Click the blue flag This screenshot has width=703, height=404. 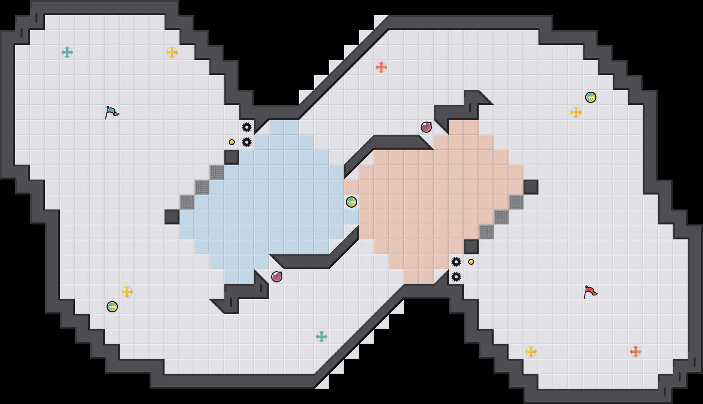pyautogui.click(x=111, y=112)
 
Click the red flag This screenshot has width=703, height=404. pyautogui.click(x=590, y=292)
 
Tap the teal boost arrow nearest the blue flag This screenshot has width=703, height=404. pyautogui.click(x=67, y=52)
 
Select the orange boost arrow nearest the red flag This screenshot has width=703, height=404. pyautogui.click(x=635, y=352)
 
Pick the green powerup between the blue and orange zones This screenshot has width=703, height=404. pyautogui.click(x=351, y=202)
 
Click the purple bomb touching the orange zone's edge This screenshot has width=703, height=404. pyautogui.click(x=426, y=127)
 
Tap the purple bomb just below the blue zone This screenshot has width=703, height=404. pyautogui.click(x=277, y=277)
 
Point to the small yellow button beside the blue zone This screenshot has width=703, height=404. pyautogui.click(x=232, y=142)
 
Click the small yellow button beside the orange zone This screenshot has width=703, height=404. pyautogui.click(x=471, y=262)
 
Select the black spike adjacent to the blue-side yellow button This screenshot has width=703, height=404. pyautogui.click(x=247, y=142)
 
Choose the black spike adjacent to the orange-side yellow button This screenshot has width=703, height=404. pyautogui.click(x=456, y=262)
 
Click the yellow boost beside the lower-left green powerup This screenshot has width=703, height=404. pyautogui.click(x=127, y=292)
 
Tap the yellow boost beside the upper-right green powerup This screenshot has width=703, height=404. pyautogui.click(x=576, y=112)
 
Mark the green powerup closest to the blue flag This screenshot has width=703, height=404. pyautogui.click(x=112, y=307)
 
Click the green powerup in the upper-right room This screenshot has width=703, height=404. pyautogui.click(x=591, y=97)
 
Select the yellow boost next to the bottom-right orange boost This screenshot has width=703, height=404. pyautogui.click(x=531, y=352)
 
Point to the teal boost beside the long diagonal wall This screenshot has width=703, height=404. pyautogui.click(x=322, y=337)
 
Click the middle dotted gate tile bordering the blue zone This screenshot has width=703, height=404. pyautogui.click(x=202, y=187)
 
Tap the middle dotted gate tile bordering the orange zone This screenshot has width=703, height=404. pyautogui.click(x=501, y=217)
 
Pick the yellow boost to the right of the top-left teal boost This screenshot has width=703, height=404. pyautogui.click(x=172, y=52)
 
